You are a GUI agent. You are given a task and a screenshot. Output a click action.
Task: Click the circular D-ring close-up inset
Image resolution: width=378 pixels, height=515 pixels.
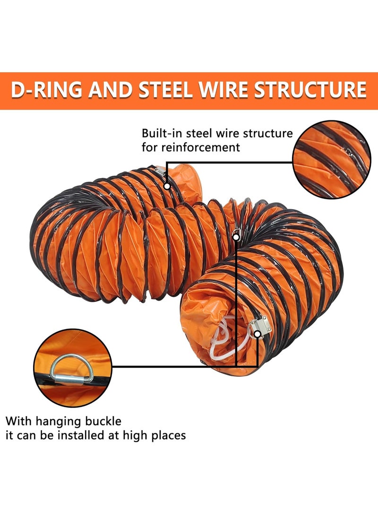point(72,368)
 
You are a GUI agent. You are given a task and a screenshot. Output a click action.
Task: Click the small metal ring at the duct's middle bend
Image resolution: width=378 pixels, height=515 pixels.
point(238,231)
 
